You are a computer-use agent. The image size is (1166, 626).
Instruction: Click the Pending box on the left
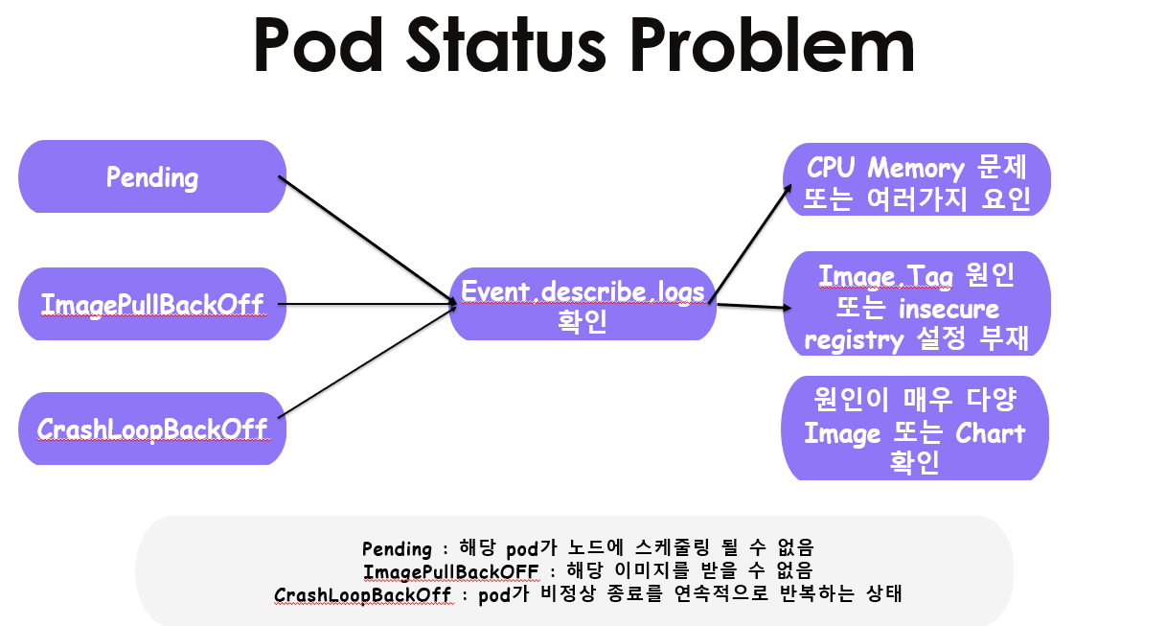click(152, 177)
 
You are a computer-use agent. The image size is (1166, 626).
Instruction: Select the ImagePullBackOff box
click(152, 305)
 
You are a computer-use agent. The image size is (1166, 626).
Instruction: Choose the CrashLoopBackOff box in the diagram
click(152, 429)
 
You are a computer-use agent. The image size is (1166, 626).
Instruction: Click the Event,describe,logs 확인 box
click(583, 304)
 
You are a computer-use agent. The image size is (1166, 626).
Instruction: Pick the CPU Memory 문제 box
click(917, 182)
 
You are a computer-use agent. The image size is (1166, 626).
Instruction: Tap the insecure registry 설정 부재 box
click(917, 308)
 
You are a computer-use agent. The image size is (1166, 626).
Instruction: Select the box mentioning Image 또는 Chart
click(917, 432)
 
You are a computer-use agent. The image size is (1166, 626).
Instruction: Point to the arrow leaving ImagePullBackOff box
click(369, 305)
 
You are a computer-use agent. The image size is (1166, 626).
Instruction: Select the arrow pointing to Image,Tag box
click(752, 307)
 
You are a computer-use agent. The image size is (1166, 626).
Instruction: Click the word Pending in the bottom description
click(397, 549)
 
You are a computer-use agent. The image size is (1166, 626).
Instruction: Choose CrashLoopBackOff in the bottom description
click(362, 594)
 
